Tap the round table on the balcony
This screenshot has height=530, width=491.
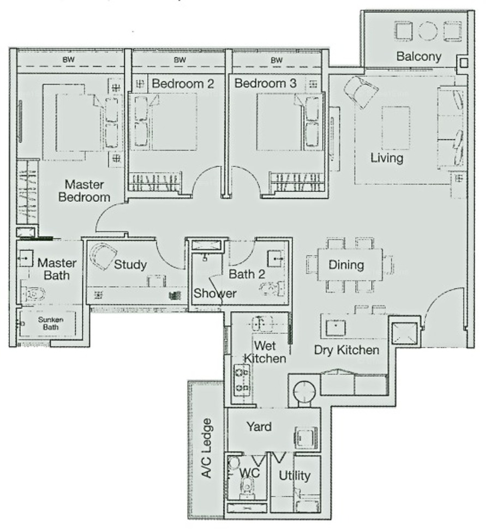click(428, 31)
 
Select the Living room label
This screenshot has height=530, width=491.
click(387, 158)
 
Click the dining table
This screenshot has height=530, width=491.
click(350, 264)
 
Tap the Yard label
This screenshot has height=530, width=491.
click(259, 426)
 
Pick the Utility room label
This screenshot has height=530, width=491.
click(295, 475)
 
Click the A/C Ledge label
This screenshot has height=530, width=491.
click(206, 448)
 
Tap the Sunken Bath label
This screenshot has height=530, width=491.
click(50, 323)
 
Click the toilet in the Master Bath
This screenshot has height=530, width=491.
click(33, 294)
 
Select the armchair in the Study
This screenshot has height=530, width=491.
click(103, 256)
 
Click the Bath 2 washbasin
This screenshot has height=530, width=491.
click(276, 258)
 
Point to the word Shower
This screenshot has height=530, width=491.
click(215, 293)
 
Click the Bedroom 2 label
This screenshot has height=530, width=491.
click(183, 83)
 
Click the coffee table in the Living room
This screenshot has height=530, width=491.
click(396, 128)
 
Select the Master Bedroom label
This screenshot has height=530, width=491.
click(84, 191)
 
